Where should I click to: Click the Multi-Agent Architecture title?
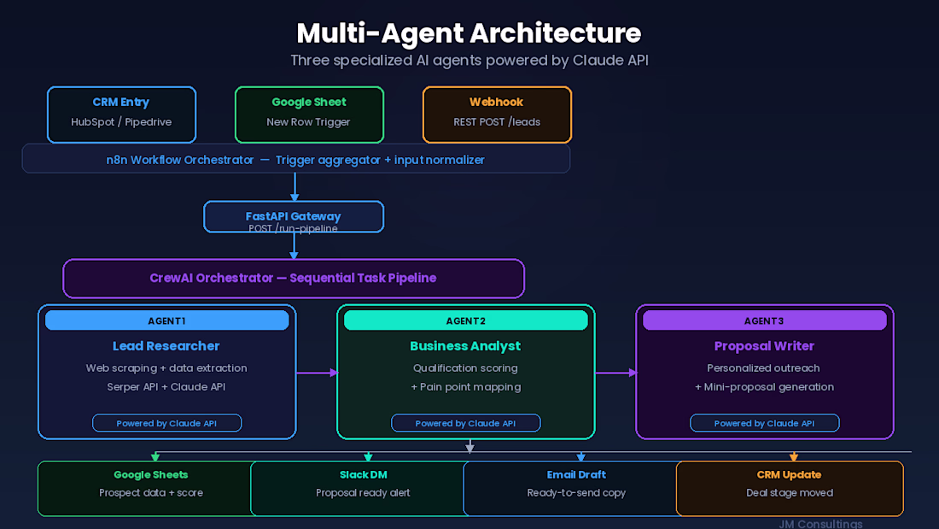[x=469, y=33]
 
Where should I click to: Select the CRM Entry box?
[x=121, y=114]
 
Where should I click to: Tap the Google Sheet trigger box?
[x=309, y=114]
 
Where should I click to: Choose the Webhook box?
[x=497, y=114]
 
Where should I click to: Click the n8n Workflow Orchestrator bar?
[x=295, y=159]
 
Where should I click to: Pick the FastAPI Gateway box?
[x=294, y=217]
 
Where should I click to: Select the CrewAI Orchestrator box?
[x=294, y=279]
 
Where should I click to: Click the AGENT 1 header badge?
[x=166, y=320]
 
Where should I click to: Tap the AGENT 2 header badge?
[x=465, y=320]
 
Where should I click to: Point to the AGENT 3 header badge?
[x=764, y=320]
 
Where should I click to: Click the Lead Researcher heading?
[x=166, y=346]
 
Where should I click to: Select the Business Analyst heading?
[x=465, y=346]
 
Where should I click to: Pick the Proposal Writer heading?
[x=764, y=346]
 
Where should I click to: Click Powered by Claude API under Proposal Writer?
[x=764, y=423]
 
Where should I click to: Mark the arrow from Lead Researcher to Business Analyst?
[x=317, y=373]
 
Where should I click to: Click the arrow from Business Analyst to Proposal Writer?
[x=615, y=373]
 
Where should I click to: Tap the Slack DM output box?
[x=357, y=488]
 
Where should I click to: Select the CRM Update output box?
[x=789, y=488]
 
